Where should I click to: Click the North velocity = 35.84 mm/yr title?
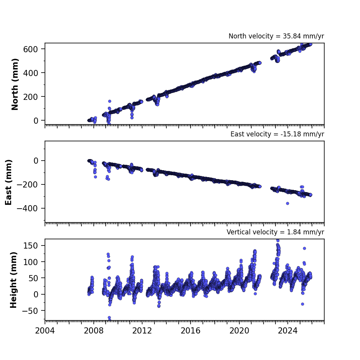(276, 36)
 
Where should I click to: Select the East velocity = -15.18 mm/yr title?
(277, 134)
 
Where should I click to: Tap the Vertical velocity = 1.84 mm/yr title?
(275, 232)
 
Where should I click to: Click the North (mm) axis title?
(15, 84)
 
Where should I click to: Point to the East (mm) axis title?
(8, 182)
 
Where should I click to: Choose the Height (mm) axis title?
(13, 280)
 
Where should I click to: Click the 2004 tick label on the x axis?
(45, 331)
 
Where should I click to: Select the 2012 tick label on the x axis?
(142, 331)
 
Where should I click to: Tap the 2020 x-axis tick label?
(239, 331)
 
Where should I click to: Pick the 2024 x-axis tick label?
(288, 331)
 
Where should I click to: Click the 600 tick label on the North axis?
(30, 49)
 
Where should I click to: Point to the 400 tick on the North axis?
(30, 73)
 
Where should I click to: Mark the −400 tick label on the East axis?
(27, 209)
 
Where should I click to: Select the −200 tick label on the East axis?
(27, 184)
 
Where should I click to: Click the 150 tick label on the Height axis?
(30, 246)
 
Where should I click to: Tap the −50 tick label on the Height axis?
(30, 311)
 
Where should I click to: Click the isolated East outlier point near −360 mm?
(287, 203)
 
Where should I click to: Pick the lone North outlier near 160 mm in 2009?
(110, 101)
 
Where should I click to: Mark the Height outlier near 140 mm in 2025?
(304, 249)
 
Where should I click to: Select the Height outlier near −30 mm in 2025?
(303, 304)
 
